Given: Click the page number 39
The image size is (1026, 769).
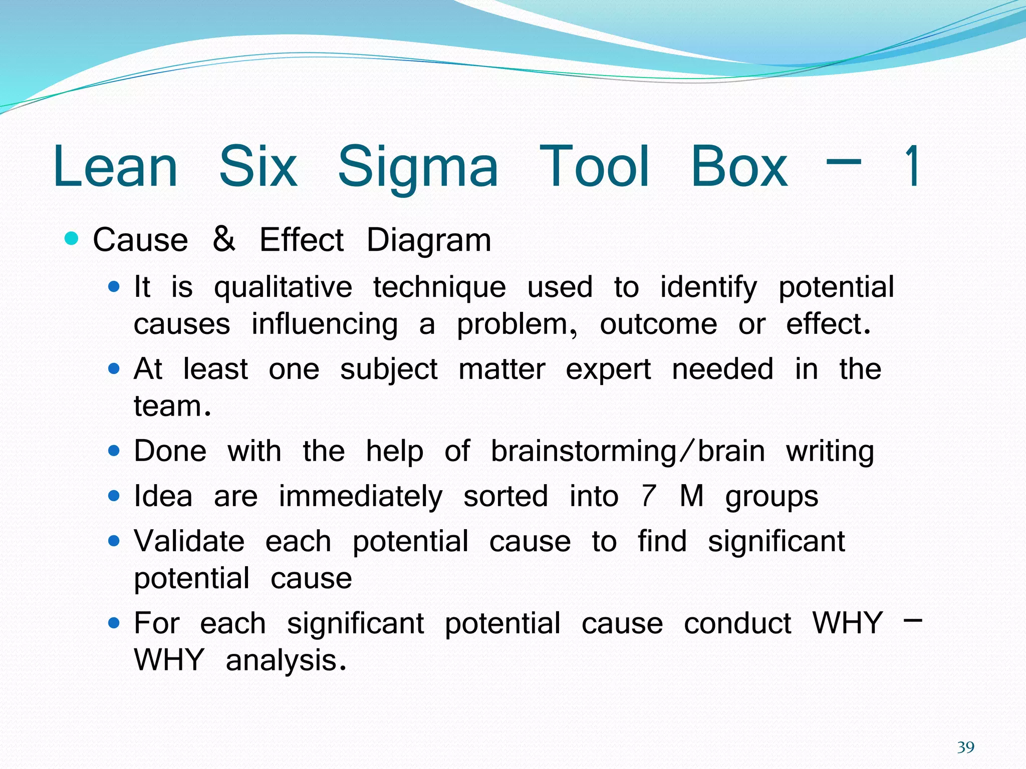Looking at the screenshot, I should pos(965,747).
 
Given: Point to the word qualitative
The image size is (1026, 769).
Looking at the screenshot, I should pos(283,288).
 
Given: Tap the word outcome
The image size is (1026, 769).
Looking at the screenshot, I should pos(658,324).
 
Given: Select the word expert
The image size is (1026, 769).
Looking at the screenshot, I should pos(608,370).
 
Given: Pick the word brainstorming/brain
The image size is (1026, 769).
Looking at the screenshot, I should pos(627,452).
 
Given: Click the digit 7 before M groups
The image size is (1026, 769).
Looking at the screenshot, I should pos(648,496).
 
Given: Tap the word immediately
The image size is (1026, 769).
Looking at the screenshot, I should pos(361,497).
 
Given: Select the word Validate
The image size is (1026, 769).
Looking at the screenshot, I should pos(189,542).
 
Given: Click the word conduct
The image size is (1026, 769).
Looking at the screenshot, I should pos(737,624).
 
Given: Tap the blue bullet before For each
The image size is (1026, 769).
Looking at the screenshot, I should pos(114,623).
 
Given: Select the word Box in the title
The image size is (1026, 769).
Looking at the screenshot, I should pos(739,167).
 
